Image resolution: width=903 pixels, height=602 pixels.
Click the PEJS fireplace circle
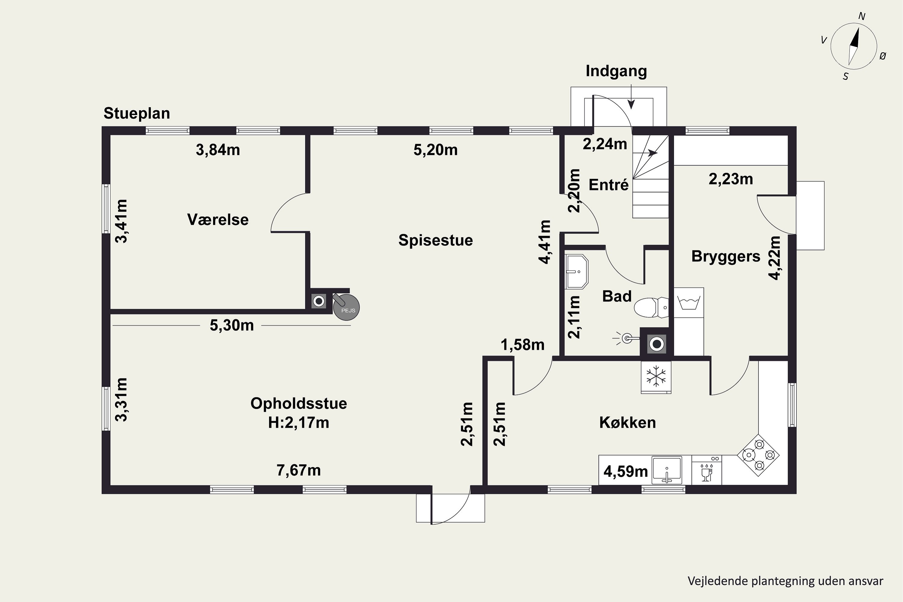tap(346, 307)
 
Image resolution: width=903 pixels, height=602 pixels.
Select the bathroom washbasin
tap(577, 272)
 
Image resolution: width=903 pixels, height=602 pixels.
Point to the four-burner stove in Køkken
tap(758, 455)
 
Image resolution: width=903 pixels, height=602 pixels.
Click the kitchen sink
tap(667, 470)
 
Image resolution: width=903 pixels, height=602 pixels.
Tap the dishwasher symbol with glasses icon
tap(707, 470)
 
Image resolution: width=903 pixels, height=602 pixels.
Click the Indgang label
tap(616, 71)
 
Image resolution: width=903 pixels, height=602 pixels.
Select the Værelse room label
tap(218, 220)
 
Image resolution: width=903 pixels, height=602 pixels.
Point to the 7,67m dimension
tap(299, 470)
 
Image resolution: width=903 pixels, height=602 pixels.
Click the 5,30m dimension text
tap(231, 326)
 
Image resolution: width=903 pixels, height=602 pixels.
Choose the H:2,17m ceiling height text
tap(299, 423)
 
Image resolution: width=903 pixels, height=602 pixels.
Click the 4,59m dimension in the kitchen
tap(625, 471)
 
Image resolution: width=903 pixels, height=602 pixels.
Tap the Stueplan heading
tap(137, 114)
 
